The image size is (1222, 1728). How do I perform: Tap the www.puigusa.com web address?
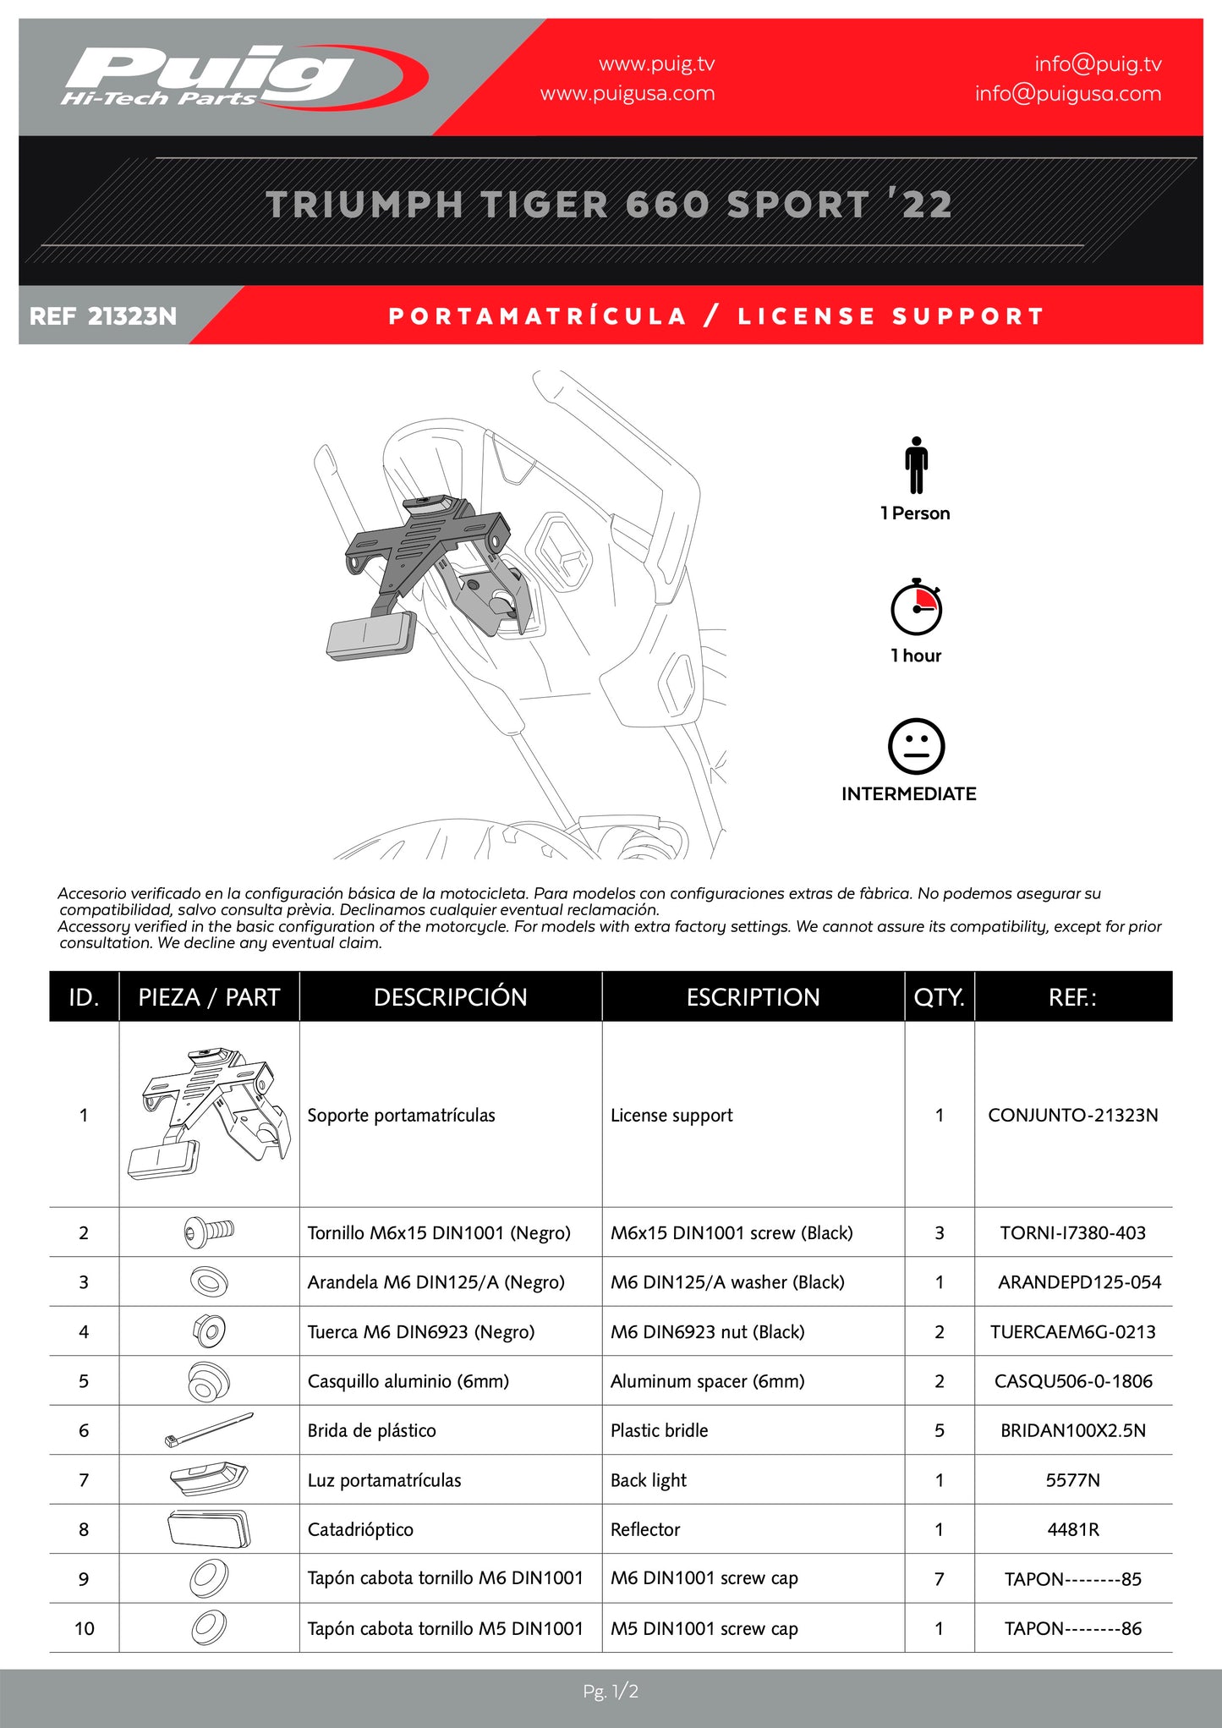[627, 94]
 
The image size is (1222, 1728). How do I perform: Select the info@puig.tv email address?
[1098, 64]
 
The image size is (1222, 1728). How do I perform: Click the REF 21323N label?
[103, 316]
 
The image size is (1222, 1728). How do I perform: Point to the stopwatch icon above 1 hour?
[916, 607]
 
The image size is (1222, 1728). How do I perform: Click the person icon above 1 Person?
[916, 465]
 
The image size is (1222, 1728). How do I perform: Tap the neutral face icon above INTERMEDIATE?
[916, 746]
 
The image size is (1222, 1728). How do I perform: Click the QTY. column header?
[939, 997]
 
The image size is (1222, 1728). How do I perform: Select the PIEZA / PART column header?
[209, 997]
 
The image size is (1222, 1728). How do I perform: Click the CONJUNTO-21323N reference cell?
[1072, 1115]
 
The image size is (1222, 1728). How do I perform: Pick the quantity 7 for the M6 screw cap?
[939, 1578]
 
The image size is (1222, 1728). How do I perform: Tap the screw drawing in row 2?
[209, 1232]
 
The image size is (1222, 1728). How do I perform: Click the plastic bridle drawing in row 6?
[209, 1430]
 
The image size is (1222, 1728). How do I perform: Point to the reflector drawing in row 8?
[209, 1529]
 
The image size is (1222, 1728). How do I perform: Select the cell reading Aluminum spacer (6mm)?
[707, 1381]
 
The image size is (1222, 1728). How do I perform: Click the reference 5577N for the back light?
[1072, 1480]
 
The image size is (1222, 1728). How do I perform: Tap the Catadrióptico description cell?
[360, 1529]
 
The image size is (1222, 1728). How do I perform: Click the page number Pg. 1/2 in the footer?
[611, 1692]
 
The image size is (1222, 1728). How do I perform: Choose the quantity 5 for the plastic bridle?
[939, 1430]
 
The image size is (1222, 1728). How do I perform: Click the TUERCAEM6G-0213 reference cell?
[1072, 1332]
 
